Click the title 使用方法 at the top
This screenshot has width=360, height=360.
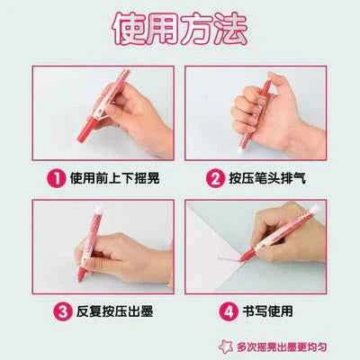click(x=179, y=29)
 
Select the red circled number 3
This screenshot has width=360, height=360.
click(x=62, y=313)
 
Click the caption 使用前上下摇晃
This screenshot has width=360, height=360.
click(x=113, y=177)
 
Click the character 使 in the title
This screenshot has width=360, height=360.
click(x=130, y=29)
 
